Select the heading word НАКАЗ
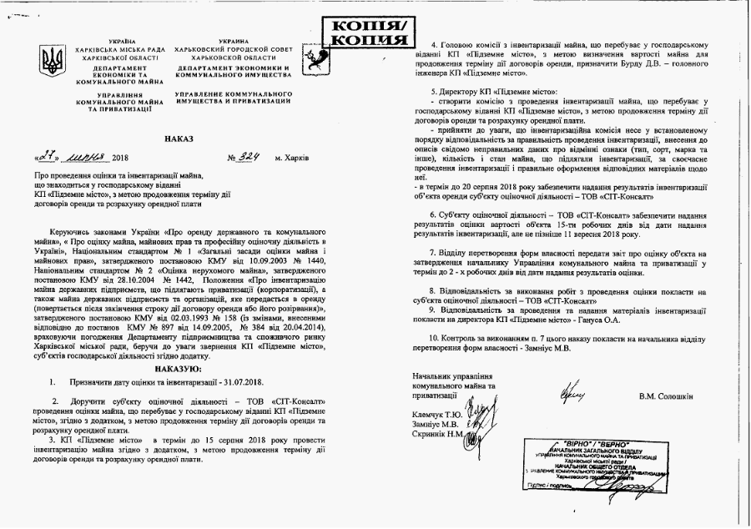179,139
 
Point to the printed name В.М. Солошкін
666,395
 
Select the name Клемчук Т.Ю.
437,413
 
